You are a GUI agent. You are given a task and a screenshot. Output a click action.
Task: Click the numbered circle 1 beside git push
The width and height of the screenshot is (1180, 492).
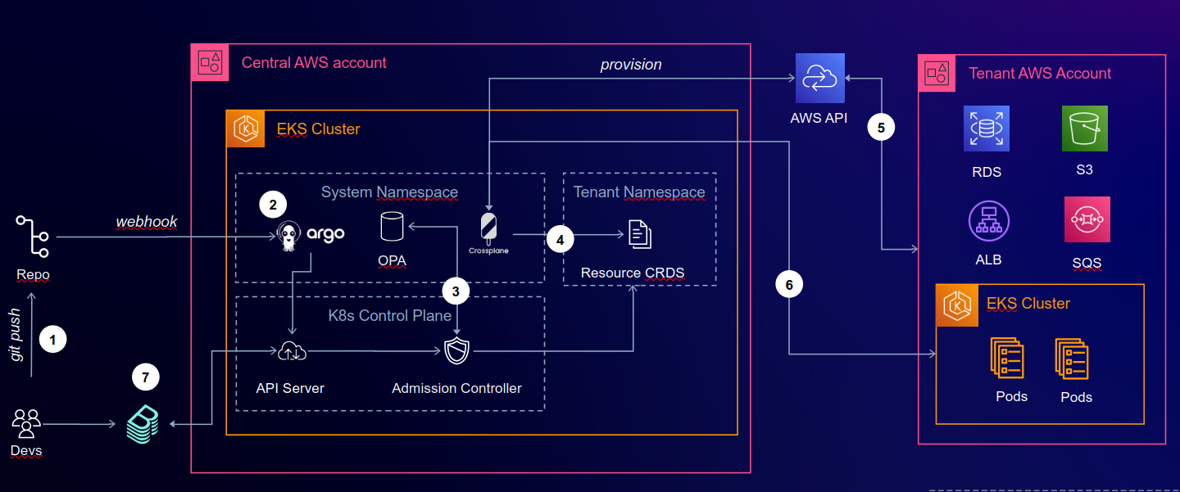click(53, 340)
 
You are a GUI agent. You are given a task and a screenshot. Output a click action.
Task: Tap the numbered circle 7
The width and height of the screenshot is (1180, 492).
click(146, 377)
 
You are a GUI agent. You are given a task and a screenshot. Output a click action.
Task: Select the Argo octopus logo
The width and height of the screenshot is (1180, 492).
click(288, 235)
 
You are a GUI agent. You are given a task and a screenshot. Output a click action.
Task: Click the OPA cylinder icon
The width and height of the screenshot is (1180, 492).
click(392, 227)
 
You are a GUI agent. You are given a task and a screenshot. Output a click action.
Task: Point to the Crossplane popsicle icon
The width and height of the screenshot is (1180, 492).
click(488, 228)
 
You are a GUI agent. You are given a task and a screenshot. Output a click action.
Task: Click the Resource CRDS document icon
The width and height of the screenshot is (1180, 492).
click(640, 235)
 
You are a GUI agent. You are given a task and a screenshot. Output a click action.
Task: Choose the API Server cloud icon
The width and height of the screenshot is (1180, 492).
click(291, 352)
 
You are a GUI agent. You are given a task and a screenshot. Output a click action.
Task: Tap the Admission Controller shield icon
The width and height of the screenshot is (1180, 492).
click(456, 352)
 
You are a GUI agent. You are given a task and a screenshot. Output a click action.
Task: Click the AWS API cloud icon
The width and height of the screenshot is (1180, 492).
click(818, 77)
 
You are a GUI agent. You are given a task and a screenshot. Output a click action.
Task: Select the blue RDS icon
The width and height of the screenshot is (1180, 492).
click(986, 129)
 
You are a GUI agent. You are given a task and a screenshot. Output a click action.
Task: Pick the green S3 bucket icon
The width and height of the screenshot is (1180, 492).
click(1084, 129)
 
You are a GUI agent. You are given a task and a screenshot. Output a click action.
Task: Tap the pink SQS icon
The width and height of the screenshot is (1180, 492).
click(1087, 219)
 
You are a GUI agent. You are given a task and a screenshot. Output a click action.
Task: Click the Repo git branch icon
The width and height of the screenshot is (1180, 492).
click(32, 237)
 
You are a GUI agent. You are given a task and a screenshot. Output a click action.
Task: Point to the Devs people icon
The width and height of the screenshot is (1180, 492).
click(26, 424)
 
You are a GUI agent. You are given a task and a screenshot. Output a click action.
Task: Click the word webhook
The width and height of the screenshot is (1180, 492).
click(147, 222)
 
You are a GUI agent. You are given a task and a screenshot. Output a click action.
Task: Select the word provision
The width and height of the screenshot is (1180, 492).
click(630, 65)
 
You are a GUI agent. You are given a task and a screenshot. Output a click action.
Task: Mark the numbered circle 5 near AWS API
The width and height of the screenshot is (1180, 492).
click(881, 128)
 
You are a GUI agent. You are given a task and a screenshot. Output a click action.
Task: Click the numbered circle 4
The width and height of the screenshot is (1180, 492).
click(560, 240)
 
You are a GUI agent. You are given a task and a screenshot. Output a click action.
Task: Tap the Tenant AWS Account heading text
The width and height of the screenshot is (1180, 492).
click(1040, 74)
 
